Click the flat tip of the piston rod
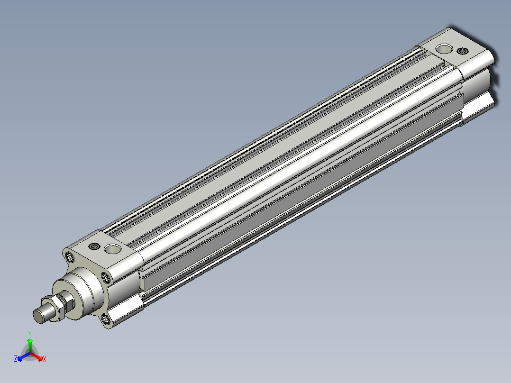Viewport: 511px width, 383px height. click(x=38, y=316)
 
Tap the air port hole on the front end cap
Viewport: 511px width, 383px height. click(x=112, y=249)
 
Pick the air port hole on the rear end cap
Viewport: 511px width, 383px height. click(x=444, y=49)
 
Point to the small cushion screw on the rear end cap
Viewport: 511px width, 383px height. click(x=463, y=51)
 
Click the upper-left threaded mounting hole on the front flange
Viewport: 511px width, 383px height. click(x=70, y=257)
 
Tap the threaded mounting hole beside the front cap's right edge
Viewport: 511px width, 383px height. click(x=105, y=278)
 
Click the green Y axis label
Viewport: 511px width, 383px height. click(x=30, y=333)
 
